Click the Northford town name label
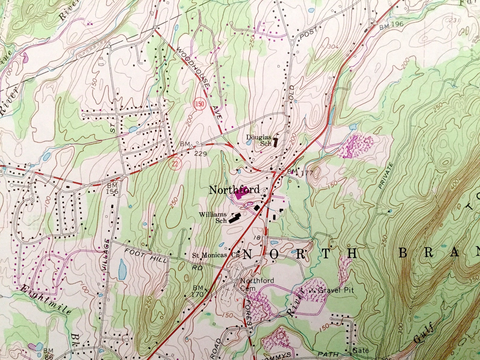(234, 190)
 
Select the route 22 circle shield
(174, 164)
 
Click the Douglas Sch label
(259, 140)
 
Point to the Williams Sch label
(213, 217)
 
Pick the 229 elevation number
(200, 154)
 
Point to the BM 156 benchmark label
(112, 188)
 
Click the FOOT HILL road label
(146, 256)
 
